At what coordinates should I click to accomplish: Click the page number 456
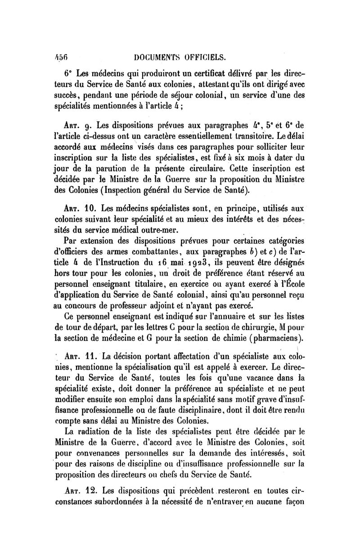[58, 58]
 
